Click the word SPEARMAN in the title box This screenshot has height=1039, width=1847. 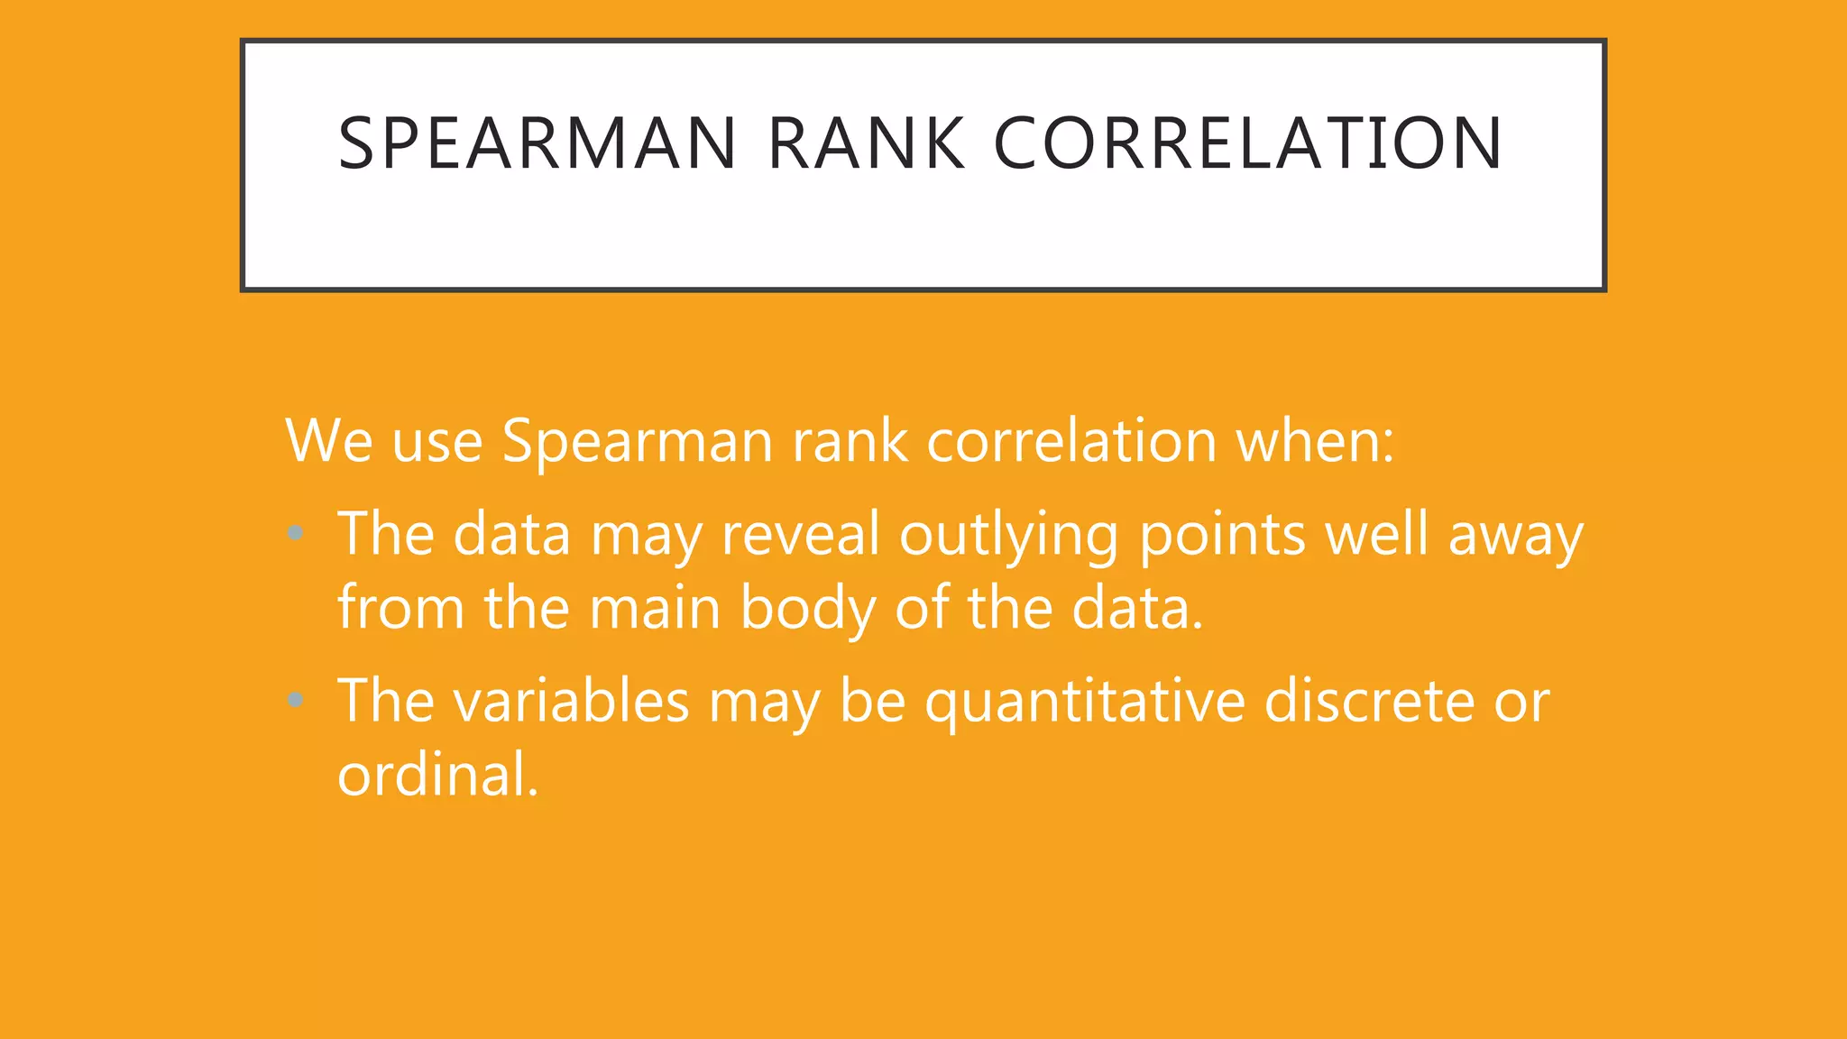[x=538, y=143]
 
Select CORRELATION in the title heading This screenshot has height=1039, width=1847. [x=1248, y=143]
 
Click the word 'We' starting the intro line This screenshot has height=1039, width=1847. [x=328, y=441]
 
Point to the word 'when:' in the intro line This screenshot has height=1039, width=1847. [x=1314, y=441]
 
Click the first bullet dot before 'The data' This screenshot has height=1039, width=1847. [x=295, y=533]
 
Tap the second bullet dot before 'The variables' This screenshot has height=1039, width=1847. [x=295, y=699]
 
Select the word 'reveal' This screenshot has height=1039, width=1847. [x=800, y=534]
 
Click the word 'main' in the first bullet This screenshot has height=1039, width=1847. [x=655, y=608]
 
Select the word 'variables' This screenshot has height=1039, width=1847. [x=571, y=701]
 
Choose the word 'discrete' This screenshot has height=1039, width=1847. [x=1368, y=701]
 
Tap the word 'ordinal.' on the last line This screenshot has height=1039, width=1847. [x=438, y=775]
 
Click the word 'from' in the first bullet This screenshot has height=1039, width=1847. [x=401, y=608]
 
